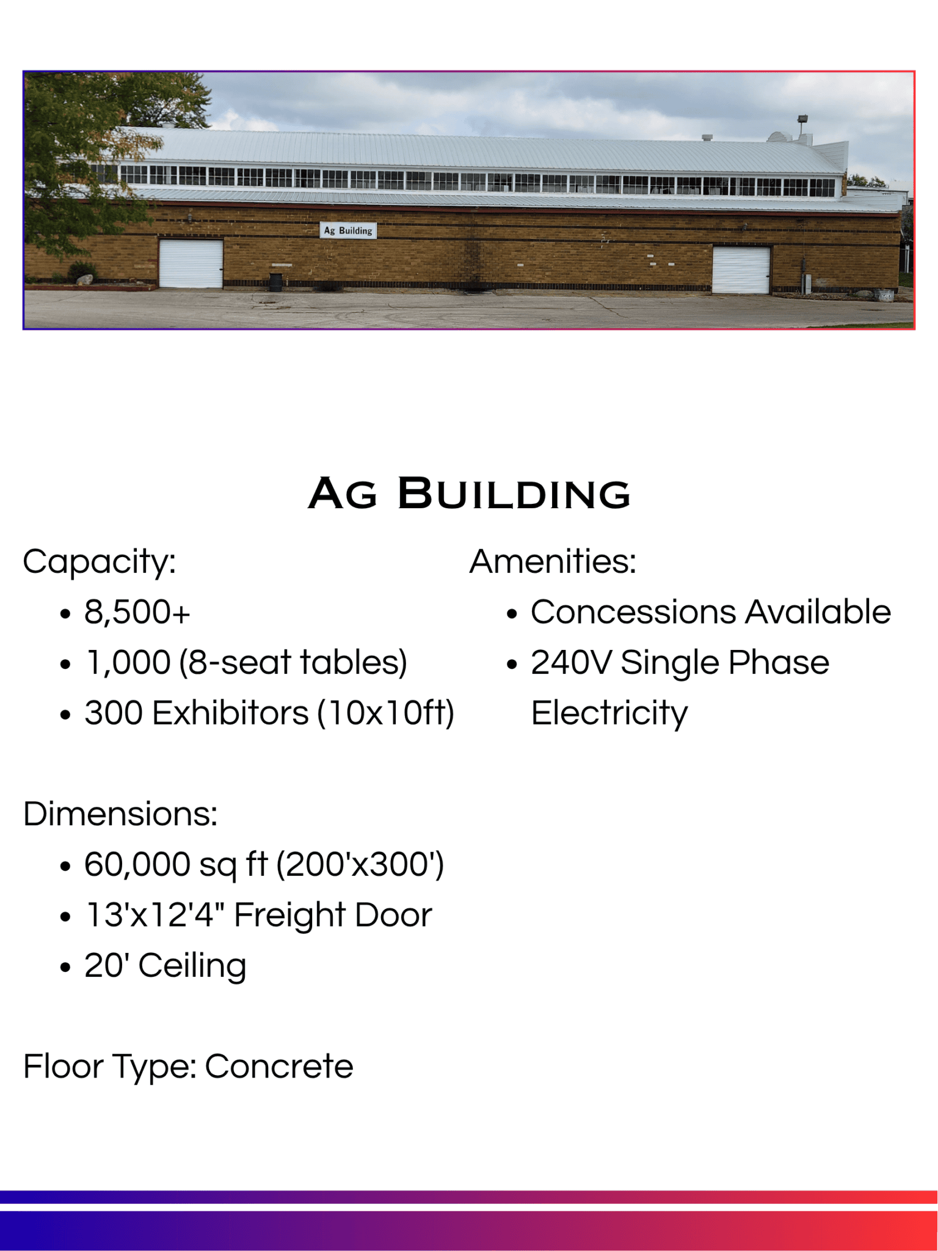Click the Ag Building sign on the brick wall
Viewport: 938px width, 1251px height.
348,230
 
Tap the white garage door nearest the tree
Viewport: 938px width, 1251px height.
191,263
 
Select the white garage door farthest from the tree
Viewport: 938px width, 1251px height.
741,269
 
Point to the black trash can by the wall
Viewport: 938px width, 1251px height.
276,282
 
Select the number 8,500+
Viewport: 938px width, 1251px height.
137,612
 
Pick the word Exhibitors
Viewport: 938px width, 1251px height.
230,713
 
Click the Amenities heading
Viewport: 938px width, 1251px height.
553,561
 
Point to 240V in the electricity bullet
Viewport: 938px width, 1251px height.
571,663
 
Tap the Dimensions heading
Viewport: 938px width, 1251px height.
120,814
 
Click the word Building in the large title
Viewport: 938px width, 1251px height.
514,494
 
